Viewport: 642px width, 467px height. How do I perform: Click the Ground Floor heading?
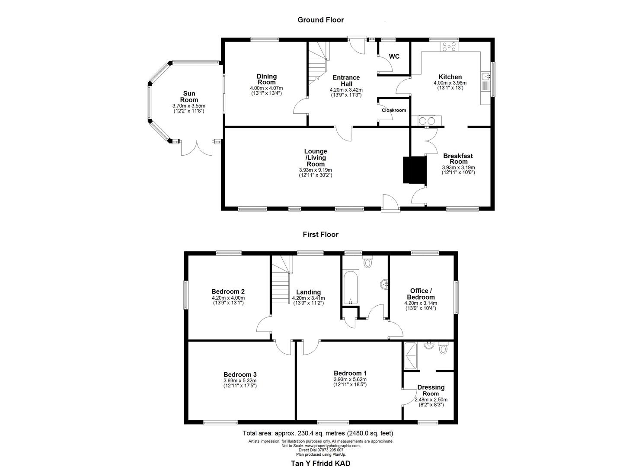click(x=320, y=19)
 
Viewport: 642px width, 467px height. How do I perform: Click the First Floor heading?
click(x=320, y=234)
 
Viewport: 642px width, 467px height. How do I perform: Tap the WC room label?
click(x=394, y=57)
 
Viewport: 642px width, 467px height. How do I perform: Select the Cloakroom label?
click(x=393, y=110)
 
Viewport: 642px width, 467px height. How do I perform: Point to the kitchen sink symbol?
click(x=487, y=77)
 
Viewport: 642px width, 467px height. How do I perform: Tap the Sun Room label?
click(x=189, y=96)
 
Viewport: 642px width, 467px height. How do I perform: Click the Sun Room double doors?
click(x=197, y=148)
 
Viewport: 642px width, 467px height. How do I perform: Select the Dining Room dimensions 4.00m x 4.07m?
click(x=266, y=88)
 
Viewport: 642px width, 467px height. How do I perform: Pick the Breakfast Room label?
click(x=458, y=159)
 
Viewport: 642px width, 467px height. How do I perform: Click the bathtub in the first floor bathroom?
click(x=350, y=288)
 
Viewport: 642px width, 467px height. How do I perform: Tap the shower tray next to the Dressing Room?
click(x=411, y=356)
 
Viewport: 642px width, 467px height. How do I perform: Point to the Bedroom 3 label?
click(x=240, y=374)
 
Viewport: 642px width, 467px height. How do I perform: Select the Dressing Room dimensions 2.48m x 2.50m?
click(x=431, y=400)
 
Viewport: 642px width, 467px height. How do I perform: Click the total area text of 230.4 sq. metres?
click(x=318, y=433)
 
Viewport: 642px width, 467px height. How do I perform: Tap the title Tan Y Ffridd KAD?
click(x=320, y=463)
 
